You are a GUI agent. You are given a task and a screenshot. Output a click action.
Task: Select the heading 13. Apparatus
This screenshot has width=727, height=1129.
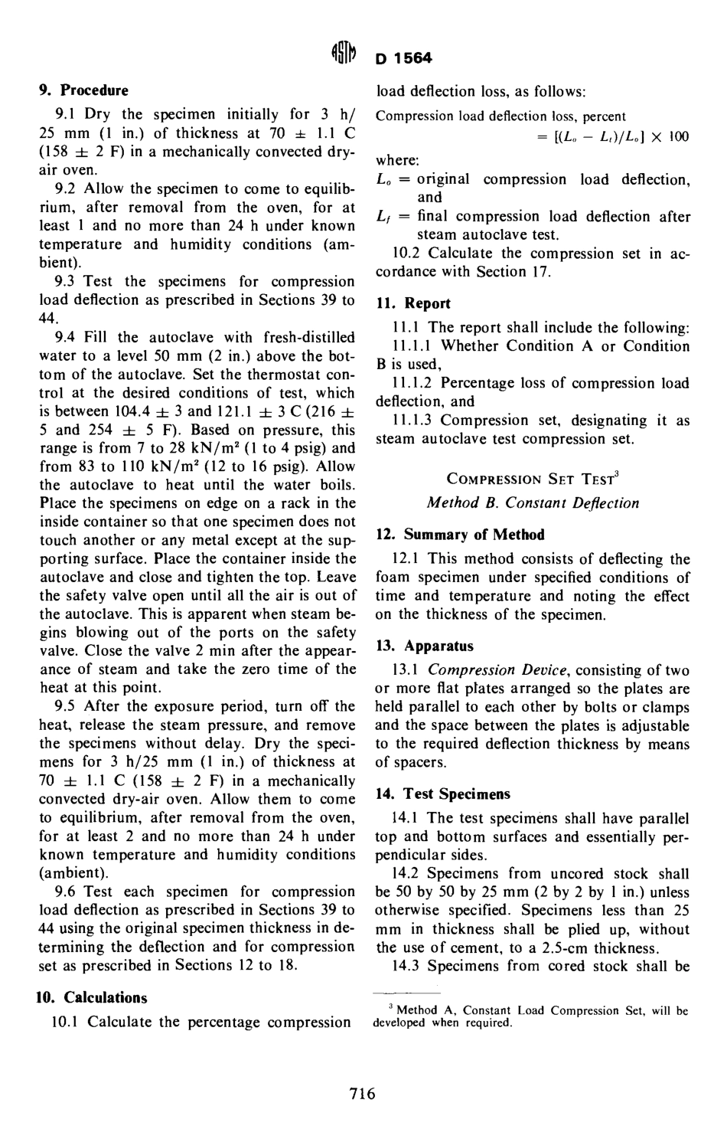point(425,646)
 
